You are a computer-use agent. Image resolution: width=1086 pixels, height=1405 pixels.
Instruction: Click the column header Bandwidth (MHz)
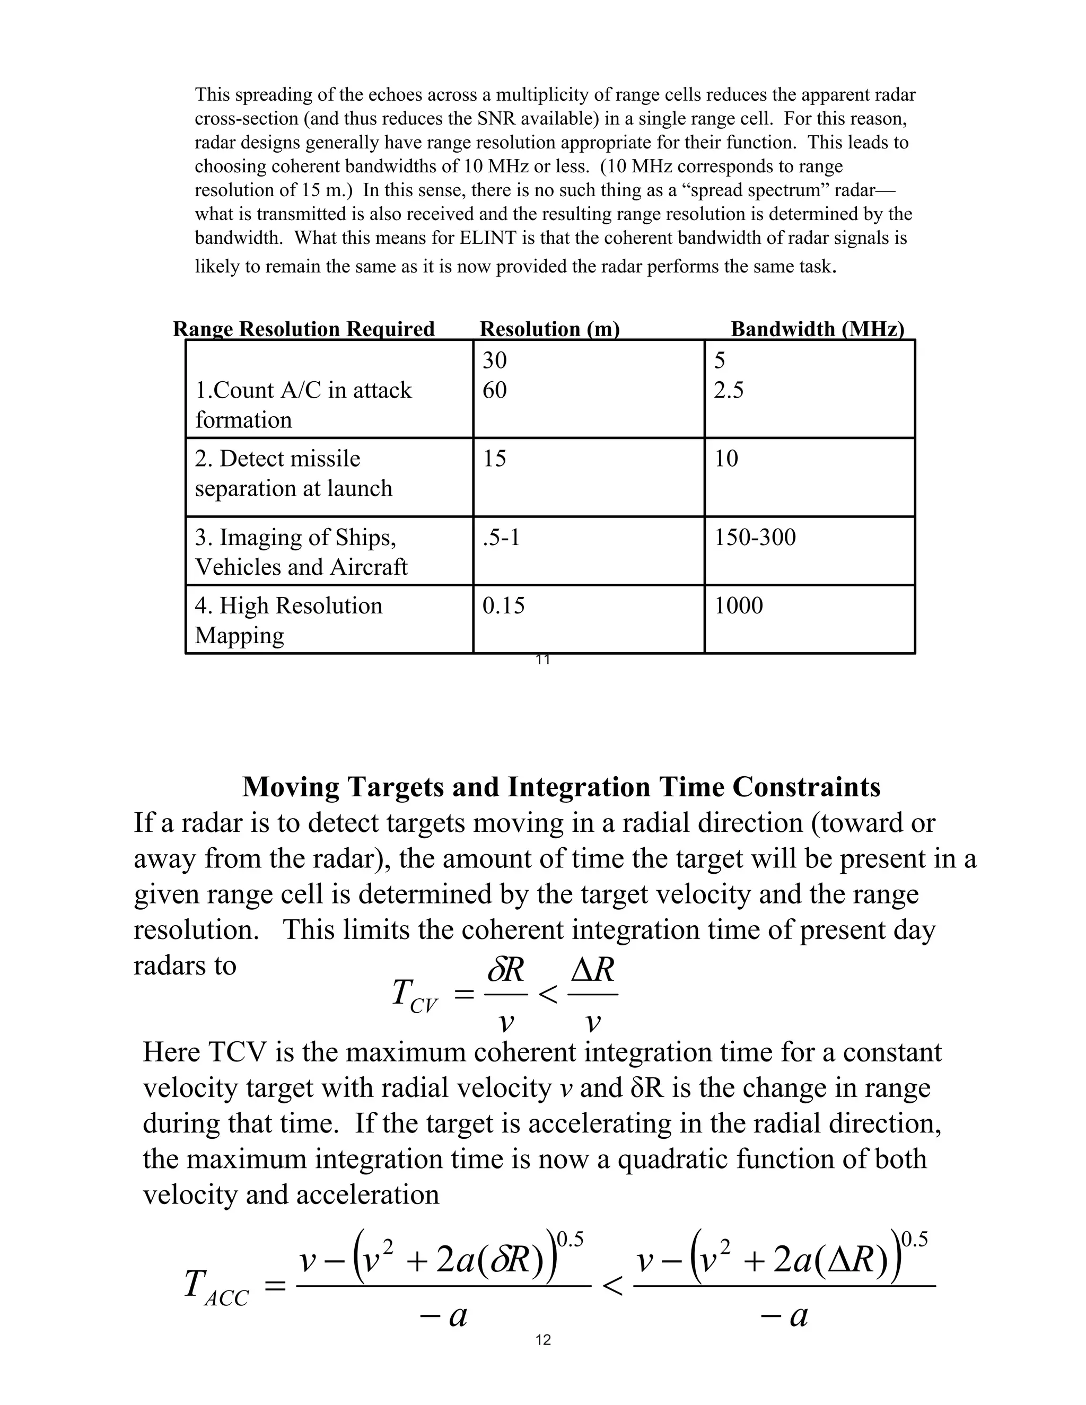tap(817, 329)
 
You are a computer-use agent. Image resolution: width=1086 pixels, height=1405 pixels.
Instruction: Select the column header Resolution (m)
tap(549, 329)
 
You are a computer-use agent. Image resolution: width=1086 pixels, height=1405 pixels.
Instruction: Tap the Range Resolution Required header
tap(304, 329)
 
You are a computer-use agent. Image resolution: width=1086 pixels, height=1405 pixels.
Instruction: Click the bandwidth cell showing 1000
tap(739, 605)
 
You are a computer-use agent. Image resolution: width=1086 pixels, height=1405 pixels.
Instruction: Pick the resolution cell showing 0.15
tap(503, 605)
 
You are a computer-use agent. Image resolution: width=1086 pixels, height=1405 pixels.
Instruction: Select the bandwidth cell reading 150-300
tap(755, 537)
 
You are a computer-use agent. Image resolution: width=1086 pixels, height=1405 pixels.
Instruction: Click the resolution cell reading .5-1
tap(501, 537)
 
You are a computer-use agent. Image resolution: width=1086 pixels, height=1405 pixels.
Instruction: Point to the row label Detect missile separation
tap(293, 473)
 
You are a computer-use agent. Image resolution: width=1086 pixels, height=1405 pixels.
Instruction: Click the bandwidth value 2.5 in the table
tap(728, 390)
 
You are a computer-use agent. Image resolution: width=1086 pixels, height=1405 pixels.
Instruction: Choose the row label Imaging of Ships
tap(301, 551)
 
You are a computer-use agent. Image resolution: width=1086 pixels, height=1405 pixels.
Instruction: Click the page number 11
tap(542, 660)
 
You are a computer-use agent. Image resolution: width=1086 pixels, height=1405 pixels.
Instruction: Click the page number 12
tap(543, 1340)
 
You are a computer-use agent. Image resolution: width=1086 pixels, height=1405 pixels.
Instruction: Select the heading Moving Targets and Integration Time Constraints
tap(561, 787)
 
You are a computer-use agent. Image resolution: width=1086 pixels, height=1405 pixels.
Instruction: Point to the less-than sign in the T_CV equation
tap(547, 995)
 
